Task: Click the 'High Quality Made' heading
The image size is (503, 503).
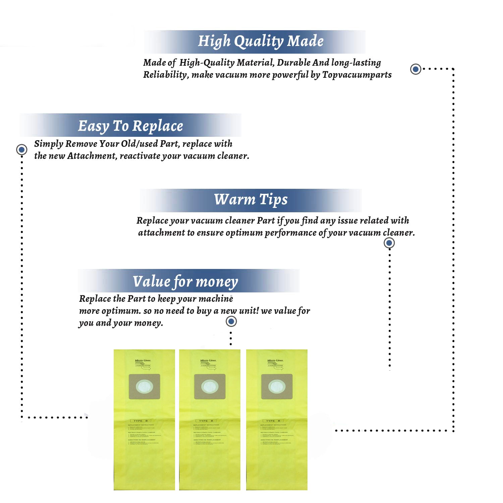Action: [261, 41]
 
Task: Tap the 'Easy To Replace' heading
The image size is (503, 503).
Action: [130, 126]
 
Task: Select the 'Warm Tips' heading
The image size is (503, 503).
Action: [251, 200]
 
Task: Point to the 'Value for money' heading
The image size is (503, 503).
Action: [185, 282]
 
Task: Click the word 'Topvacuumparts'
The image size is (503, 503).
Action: [357, 74]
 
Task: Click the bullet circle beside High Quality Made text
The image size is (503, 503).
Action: [416, 69]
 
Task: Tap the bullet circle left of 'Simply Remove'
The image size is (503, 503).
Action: [22, 149]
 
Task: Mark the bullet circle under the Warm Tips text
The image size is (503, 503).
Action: [389, 243]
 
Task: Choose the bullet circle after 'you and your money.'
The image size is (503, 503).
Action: [231, 321]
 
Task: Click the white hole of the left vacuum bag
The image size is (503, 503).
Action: [144, 387]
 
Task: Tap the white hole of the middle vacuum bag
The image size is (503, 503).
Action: [210, 387]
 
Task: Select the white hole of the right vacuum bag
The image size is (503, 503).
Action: [277, 387]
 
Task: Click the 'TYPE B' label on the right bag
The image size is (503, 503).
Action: [273, 421]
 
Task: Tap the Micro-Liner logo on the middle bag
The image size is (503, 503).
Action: [208, 360]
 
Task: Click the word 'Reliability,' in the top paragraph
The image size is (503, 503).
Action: [166, 74]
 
